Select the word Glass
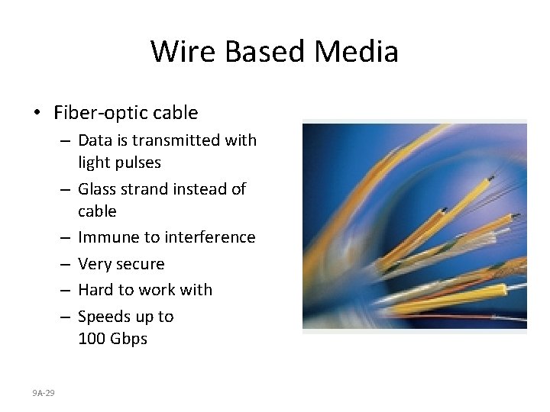(x=99, y=188)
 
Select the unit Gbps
(x=129, y=339)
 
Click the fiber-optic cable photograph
(x=414, y=226)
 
